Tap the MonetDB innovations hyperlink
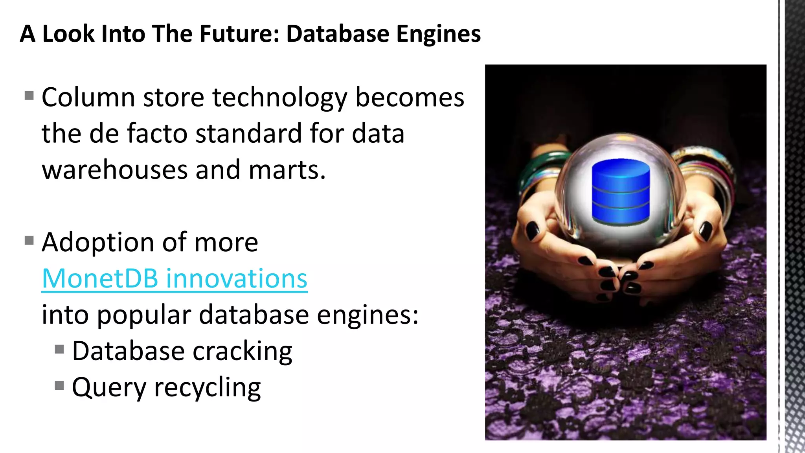175,279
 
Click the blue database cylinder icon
621,192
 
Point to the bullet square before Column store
29,96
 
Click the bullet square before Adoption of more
29,240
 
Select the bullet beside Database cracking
59,349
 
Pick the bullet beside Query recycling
59,385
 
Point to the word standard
248,134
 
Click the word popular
144,315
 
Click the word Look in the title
68,34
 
